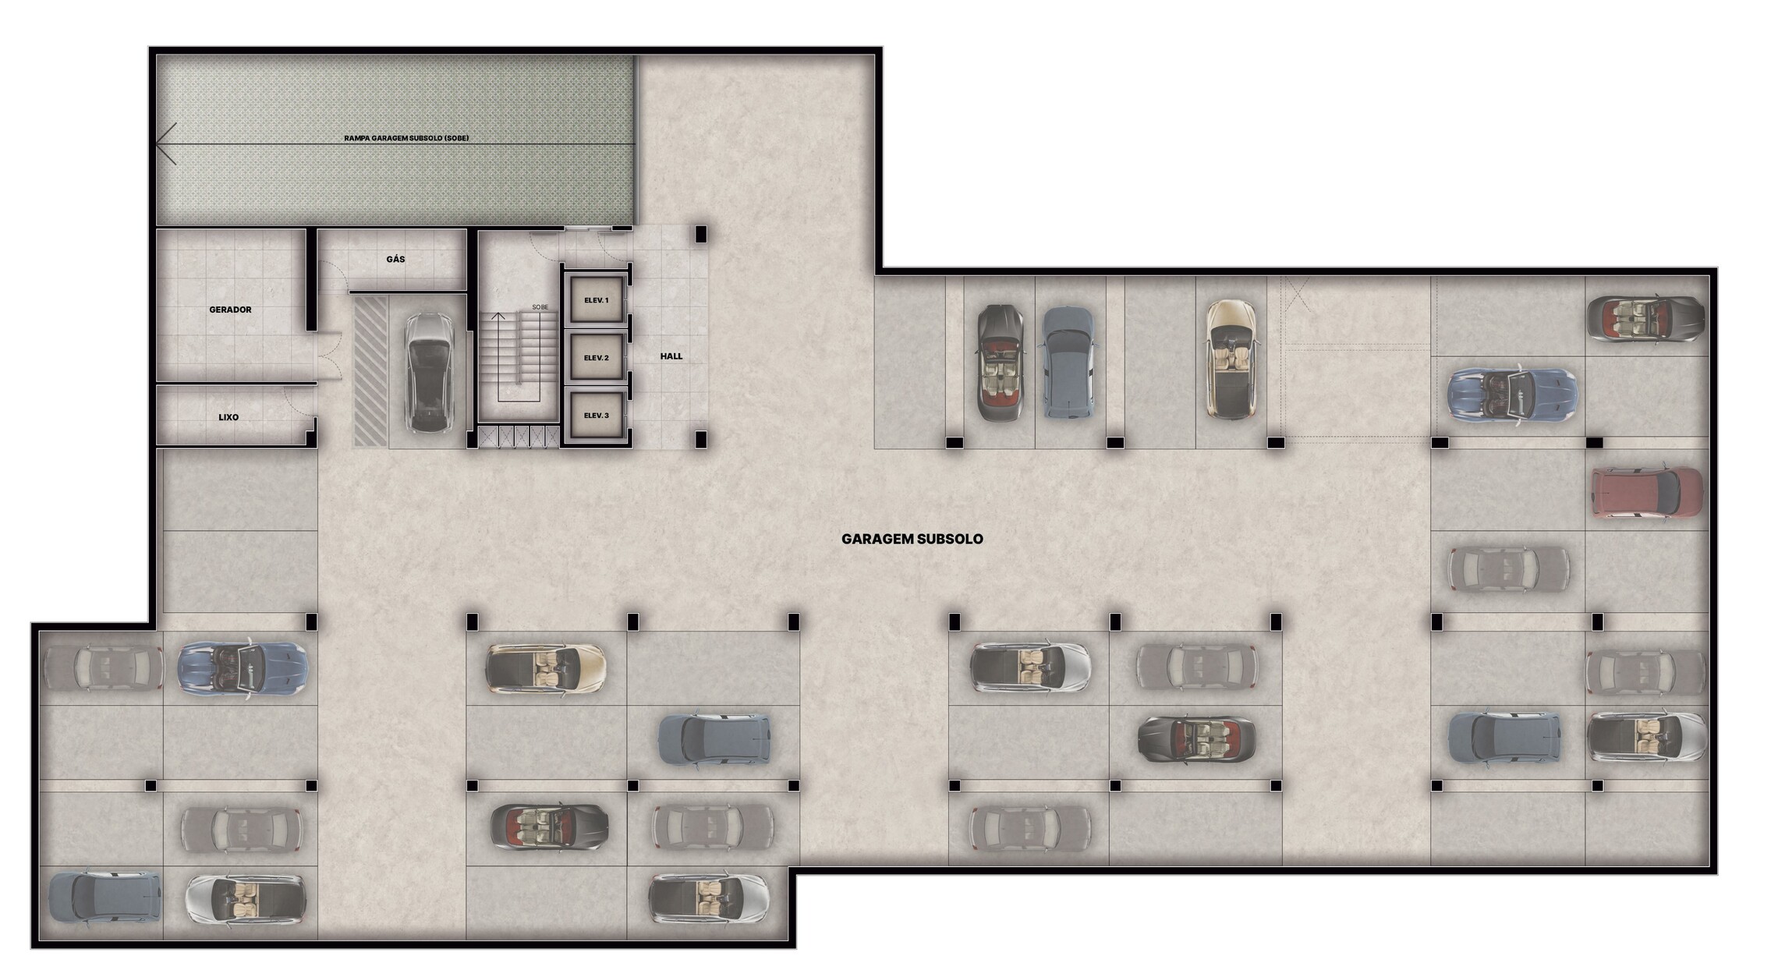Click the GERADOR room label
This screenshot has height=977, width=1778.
pos(230,310)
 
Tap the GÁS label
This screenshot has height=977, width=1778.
pos(395,259)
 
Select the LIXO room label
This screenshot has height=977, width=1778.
pos(228,417)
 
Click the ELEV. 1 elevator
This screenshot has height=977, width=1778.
pos(597,300)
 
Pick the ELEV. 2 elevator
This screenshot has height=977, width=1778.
pos(597,358)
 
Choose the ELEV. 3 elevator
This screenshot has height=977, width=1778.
pos(597,416)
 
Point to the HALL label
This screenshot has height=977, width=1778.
pos(671,356)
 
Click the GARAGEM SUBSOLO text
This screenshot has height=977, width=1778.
pos(912,539)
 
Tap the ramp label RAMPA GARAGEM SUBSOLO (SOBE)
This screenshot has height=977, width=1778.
pos(406,138)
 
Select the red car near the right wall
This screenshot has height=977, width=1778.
pos(1646,493)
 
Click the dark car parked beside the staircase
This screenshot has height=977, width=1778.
pos(428,373)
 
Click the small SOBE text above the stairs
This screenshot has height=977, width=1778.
pos(540,307)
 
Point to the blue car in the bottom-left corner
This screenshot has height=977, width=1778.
pos(104,897)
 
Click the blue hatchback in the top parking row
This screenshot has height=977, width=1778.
pos(1068,363)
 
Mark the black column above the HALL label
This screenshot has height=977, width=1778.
pos(700,233)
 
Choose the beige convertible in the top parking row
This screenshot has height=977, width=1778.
pos(1231,359)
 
